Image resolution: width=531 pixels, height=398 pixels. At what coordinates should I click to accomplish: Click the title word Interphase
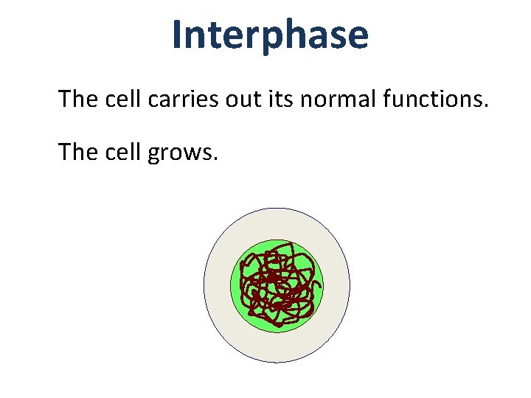coord(270,35)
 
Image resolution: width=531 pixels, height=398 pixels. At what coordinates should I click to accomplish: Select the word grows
coord(181,153)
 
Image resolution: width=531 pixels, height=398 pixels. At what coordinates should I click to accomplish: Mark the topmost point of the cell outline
coord(277,208)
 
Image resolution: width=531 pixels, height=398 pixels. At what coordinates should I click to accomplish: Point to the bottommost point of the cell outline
coord(277,363)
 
